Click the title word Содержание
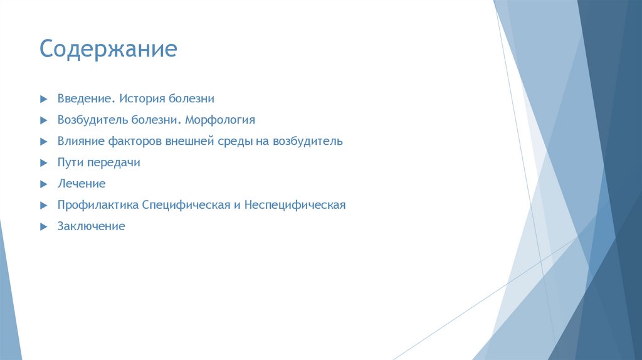[108, 49]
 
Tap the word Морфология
[220, 120]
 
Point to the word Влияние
[78, 141]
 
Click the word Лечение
[82, 184]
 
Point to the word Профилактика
[98, 205]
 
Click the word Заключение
[92, 226]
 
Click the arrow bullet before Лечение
[43, 184]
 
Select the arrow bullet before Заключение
[43, 227]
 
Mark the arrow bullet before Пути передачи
[43, 163]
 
